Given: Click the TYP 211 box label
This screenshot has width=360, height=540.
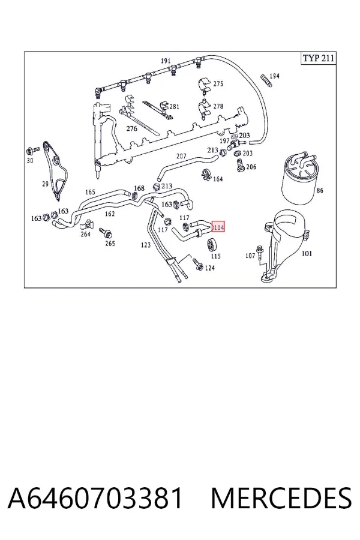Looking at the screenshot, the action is pyautogui.click(x=319, y=58).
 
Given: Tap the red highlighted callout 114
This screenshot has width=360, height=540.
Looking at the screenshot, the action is pyautogui.click(x=218, y=227).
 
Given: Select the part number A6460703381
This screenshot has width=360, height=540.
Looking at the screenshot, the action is pyautogui.click(x=95, y=498).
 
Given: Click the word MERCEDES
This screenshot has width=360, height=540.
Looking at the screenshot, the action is pyautogui.click(x=281, y=498).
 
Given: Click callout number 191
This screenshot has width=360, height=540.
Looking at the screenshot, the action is pyautogui.click(x=166, y=61).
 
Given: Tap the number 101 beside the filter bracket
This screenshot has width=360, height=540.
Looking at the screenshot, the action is pyautogui.click(x=307, y=254).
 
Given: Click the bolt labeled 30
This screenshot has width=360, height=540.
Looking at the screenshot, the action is pyautogui.click(x=32, y=151).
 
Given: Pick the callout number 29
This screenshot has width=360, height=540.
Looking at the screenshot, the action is pyautogui.click(x=45, y=184).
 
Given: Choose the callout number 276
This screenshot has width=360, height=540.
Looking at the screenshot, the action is pyautogui.click(x=131, y=128).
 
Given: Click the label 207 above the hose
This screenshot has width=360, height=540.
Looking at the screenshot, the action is pyautogui.click(x=181, y=156).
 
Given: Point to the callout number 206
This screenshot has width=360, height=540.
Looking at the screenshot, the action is pyautogui.click(x=251, y=167).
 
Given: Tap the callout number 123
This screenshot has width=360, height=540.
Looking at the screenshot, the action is pyautogui.click(x=146, y=245).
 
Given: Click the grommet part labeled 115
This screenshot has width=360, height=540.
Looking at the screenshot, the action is pyautogui.click(x=211, y=245).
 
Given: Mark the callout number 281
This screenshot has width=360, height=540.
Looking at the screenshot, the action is pyautogui.click(x=175, y=107).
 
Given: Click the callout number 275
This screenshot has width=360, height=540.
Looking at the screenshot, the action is pyautogui.click(x=218, y=83).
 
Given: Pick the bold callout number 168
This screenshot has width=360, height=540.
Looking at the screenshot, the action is pyautogui.click(x=139, y=188).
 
